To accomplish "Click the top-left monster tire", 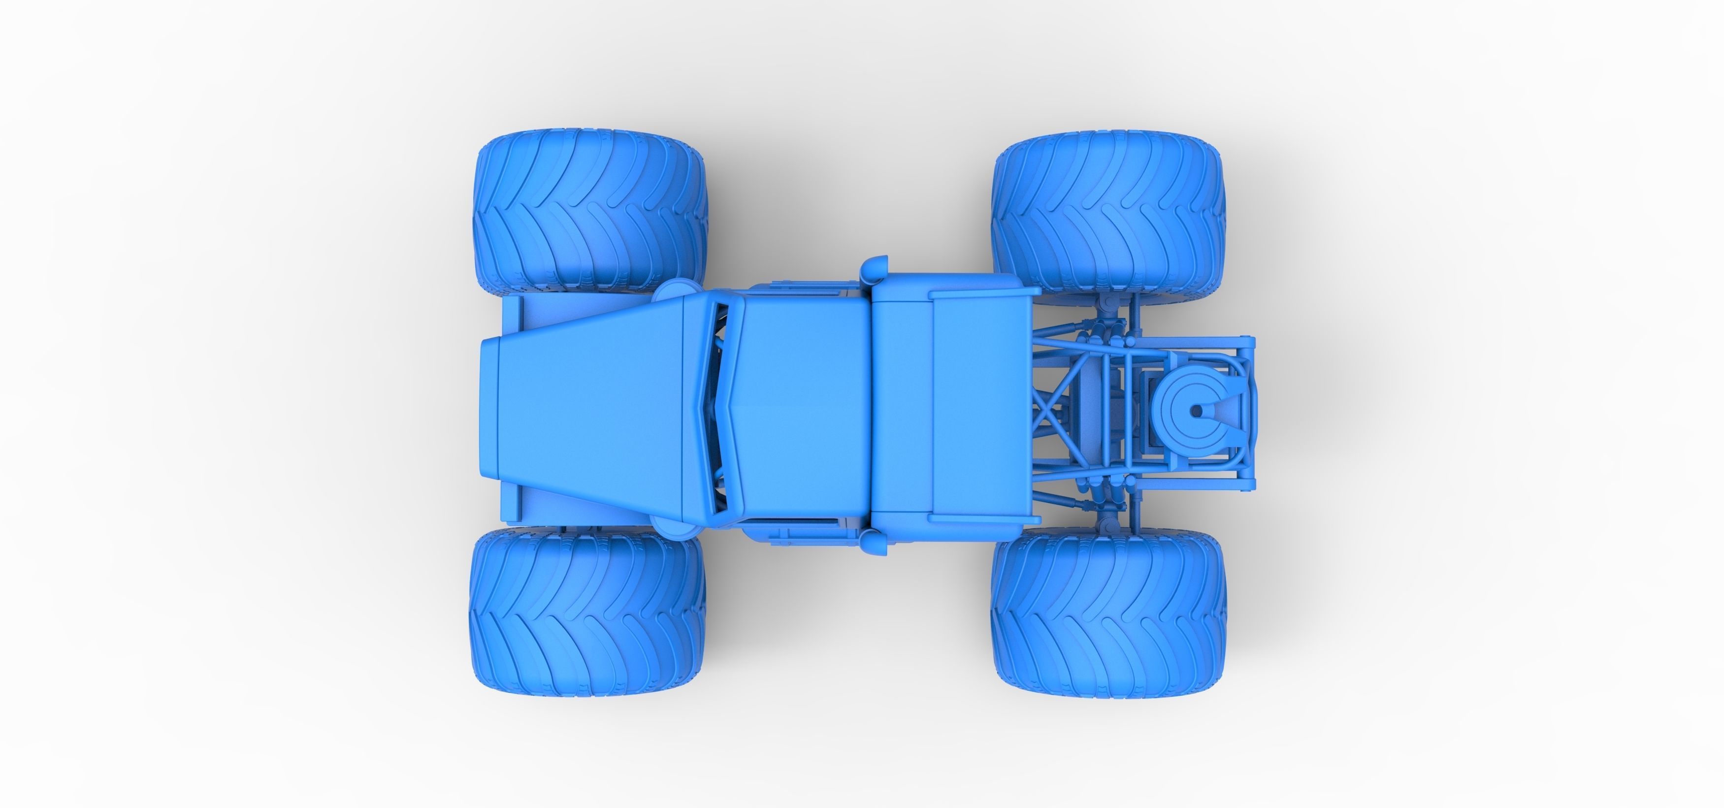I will click(x=590, y=212).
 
